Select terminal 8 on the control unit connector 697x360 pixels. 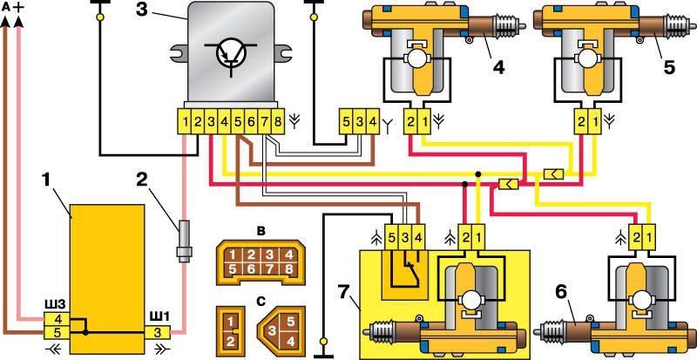tap(278, 121)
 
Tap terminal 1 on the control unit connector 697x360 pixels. tap(185, 121)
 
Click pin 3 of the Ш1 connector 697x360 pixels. tap(158, 332)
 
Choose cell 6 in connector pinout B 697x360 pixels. tap(251, 269)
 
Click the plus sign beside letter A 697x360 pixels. tap(18, 9)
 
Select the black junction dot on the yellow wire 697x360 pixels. tap(477, 173)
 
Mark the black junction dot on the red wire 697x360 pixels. tap(464, 183)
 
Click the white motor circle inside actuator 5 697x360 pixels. tap(585, 58)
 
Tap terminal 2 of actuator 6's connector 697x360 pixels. tap(637, 236)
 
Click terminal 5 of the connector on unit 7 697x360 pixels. tap(391, 236)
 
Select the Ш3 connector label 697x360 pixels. tap(56, 304)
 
